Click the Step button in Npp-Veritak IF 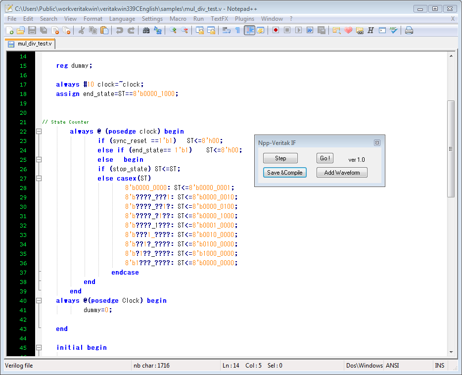point(280,158)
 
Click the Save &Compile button point(284,173)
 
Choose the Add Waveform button point(342,173)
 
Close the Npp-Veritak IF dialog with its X point(377,143)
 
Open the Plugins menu point(244,19)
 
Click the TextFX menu point(219,19)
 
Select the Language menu point(122,19)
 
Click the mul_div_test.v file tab point(31,44)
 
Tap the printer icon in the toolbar point(409,30)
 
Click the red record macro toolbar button point(276,30)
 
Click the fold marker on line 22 point(39,132)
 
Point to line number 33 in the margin point(23,235)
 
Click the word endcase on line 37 point(125,273)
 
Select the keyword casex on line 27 point(127,179)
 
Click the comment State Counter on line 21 point(70,122)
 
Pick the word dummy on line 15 point(80,66)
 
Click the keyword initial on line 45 point(70,348)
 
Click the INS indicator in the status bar point(439,366)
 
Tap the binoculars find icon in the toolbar point(146,30)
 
